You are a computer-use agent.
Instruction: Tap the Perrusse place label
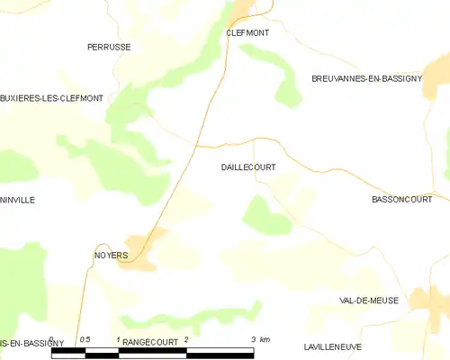pos(108,46)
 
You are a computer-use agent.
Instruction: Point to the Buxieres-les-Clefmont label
pos(51,97)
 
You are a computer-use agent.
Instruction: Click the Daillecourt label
pos(247,167)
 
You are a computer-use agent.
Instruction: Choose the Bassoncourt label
pos(401,199)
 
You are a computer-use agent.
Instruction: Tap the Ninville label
pos(18,200)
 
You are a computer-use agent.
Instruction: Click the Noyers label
pos(112,256)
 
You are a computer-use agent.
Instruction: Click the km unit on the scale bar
pos(265,339)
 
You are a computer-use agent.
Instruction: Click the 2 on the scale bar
pos(186,339)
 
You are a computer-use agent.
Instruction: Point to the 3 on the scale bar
pos(254,339)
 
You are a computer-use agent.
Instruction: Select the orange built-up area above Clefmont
pos(243,11)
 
